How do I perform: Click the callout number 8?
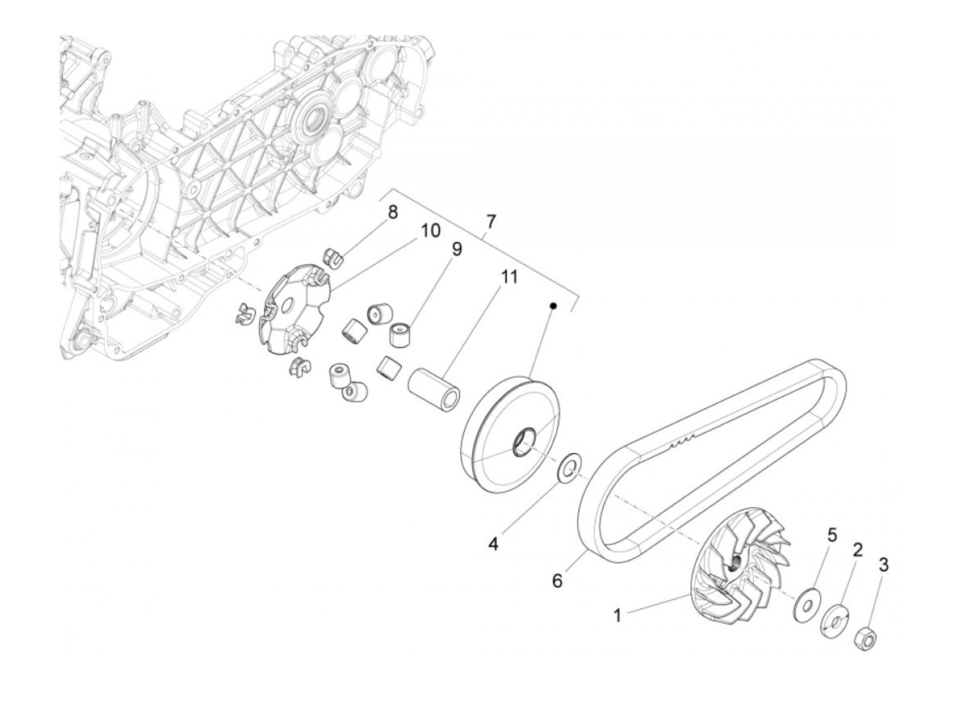(392, 213)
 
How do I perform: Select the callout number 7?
(491, 221)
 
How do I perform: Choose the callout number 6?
(557, 581)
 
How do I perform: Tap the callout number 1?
(617, 616)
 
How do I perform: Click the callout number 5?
(832, 534)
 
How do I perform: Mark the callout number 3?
(884, 565)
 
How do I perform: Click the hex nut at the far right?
(864, 637)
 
